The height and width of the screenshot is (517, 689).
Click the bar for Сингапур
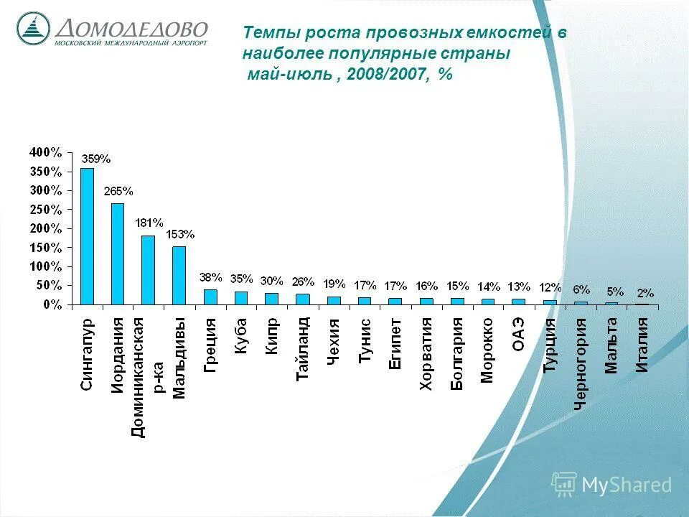coord(87,236)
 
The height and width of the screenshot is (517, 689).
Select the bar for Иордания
coord(118,254)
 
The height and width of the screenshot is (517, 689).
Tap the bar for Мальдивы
coord(179,276)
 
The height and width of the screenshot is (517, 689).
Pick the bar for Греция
coord(210,297)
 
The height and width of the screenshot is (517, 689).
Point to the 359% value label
coord(95,159)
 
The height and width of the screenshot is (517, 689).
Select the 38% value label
coord(211,277)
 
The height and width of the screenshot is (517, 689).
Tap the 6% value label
coord(581,289)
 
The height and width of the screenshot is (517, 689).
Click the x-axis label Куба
coord(240,335)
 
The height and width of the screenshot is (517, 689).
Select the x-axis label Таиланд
coord(302,348)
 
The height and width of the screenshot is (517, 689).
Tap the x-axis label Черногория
coord(581,363)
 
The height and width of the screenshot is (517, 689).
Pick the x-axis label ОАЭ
coord(518,335)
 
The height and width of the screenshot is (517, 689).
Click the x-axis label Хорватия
coord(426,354)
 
